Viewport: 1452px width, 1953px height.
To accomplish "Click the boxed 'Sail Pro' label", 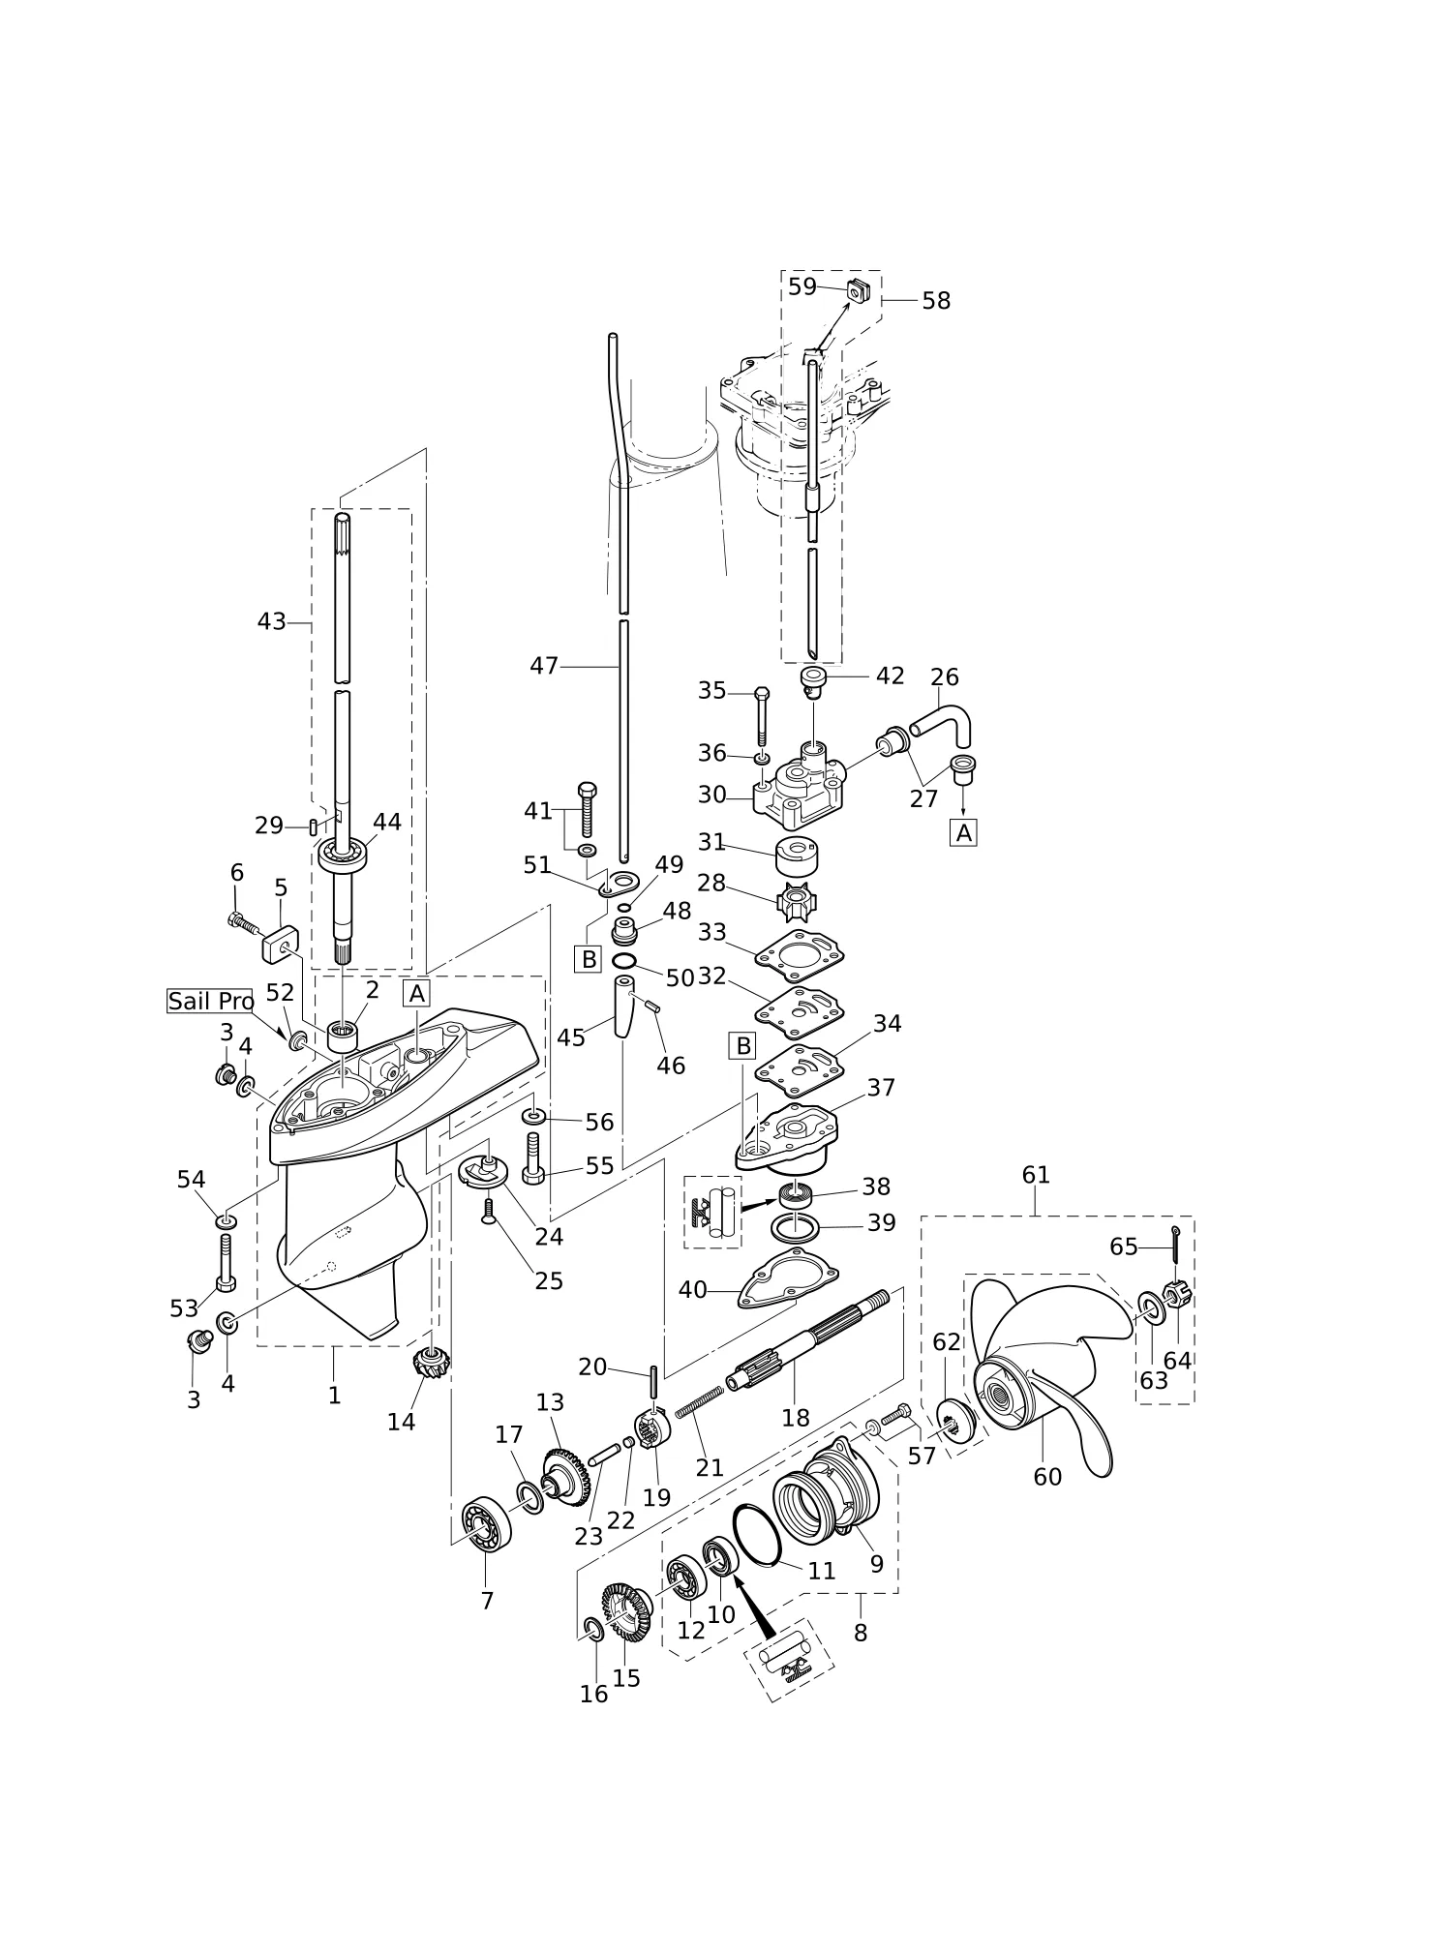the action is (x=210, y=1001).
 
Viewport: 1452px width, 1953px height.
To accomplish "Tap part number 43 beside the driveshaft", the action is (x=271, y=621).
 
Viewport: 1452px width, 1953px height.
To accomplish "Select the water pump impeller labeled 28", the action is (x=797, y=902).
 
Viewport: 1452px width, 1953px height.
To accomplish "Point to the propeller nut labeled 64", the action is (x=1177, y=1294).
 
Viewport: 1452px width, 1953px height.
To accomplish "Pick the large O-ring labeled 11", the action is (x=757, y=1534).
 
